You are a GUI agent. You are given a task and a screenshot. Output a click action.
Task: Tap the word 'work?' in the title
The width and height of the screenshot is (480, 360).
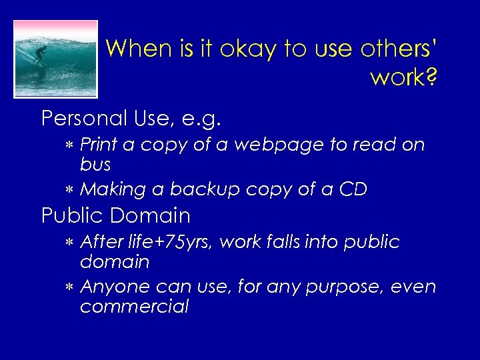[404, 77]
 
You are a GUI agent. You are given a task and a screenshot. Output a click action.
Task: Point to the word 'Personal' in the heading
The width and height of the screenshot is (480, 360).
[84, 119]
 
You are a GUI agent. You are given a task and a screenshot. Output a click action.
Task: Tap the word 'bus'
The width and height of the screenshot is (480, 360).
[95, 164]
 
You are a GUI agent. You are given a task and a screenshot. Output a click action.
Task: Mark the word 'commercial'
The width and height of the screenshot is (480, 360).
[134, 307]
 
